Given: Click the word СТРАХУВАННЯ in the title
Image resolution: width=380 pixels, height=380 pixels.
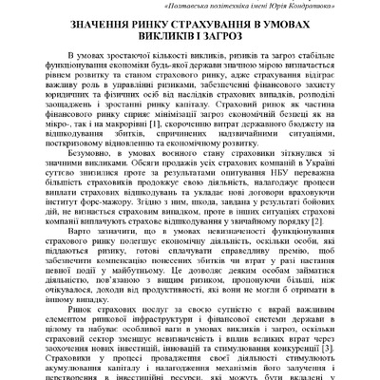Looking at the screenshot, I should [x=201, y=33].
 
